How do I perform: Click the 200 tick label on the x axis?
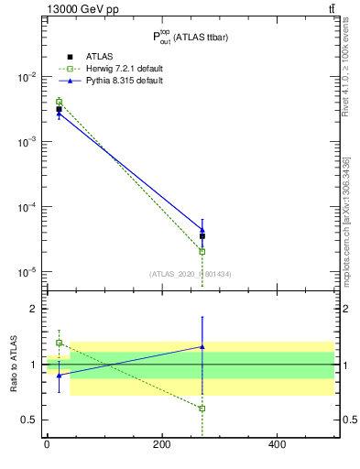161,445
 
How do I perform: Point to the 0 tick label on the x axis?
47,445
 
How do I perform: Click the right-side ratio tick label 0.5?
349,420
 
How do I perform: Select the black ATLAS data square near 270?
202,236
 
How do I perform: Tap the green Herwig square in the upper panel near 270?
202,251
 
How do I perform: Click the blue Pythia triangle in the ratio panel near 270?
202,347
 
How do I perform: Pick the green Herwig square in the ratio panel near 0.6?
202,409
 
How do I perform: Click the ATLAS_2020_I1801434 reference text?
191,273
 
